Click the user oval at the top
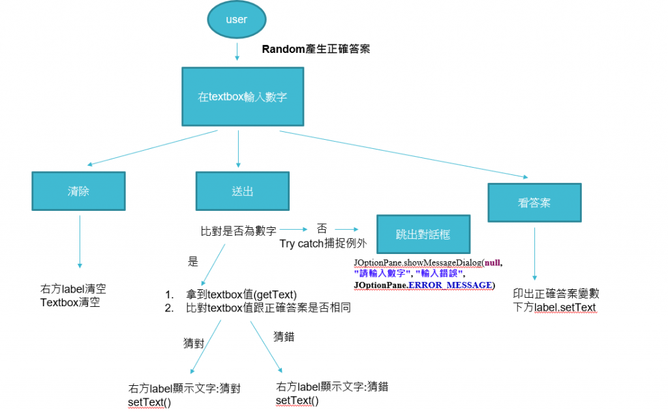click(x=236, y=20)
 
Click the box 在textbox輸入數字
click(x=242, y=97)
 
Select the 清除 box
click(x=78, y=191)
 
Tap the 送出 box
click(x=242, y=191)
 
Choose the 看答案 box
click(x=534, y=202)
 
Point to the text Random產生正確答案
click(x=316, y=49)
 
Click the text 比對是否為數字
click(x=238, y=230)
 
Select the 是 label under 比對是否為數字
click(x=192, y=262)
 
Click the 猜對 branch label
click(x=194, y=342)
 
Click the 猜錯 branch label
click(x=284, y=337)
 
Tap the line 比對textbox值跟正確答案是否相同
click(x=268, y=308)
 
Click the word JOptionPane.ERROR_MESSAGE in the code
click(x=423, y=285)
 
